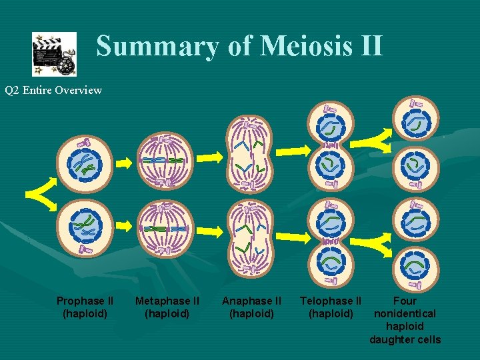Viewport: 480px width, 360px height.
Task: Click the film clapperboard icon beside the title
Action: pos(54,54)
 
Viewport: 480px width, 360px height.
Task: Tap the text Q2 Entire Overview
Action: pos(53,90)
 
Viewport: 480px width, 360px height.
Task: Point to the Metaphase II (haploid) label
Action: pos(167,307)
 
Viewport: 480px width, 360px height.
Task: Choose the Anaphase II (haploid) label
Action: pos(251,307)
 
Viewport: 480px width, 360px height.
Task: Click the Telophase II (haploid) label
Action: pos(331,307)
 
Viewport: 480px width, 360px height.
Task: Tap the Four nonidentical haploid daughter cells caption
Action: pos(405,320)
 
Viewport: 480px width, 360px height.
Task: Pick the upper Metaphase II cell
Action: pos(164,161)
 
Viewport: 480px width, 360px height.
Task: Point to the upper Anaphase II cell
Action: pos(250,154)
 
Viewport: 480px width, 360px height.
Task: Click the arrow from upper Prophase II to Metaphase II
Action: pos(125,162)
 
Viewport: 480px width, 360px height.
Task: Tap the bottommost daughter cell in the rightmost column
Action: pos(415,265)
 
